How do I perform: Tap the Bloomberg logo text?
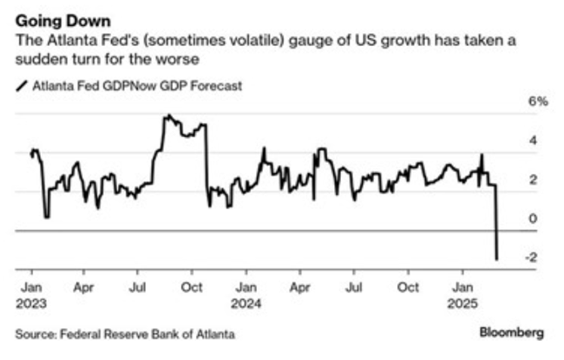point(512,333)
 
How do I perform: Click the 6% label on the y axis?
point(539,101)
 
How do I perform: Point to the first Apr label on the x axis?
point(83,285)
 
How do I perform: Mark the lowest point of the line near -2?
point(497,259)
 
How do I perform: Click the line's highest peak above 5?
point(167,115)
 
